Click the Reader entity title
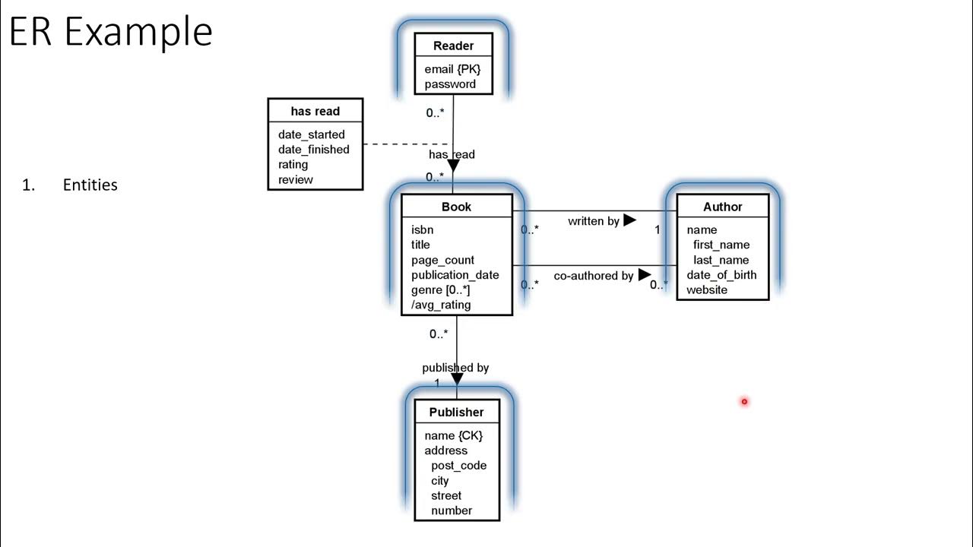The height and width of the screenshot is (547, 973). (453, 46)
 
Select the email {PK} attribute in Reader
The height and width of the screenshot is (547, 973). (452, 69)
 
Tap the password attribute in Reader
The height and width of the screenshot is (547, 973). (450, 84)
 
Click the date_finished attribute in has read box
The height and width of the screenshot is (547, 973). (313, 150)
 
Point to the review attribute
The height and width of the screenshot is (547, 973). (295, 180)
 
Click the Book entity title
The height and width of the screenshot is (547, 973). (456, 207)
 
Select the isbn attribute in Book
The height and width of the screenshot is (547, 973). (422, 229)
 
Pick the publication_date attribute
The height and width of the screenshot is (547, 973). (455, 275)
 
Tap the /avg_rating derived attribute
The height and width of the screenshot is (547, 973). (441, 305)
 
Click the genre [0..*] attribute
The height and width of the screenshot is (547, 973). (440, 290)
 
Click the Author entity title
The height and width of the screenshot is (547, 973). (722, 207)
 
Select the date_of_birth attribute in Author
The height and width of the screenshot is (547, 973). (721, 275)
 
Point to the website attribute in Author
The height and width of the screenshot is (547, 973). (706, 290)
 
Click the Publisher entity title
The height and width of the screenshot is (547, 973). (456, 413)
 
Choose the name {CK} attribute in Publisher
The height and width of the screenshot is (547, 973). (453, 435)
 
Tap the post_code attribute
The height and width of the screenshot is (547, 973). (458, 466)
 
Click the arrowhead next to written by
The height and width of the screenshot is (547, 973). (629, 220)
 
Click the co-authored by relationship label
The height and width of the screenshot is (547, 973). (593, 276)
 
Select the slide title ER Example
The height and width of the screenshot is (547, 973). (111, 32)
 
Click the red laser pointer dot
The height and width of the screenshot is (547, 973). (744, 401)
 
